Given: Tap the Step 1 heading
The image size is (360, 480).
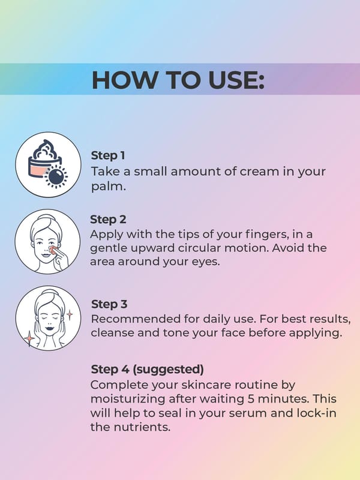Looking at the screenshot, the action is [x=108, y=155].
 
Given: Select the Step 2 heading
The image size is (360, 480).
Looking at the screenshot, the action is [x=108, y=220].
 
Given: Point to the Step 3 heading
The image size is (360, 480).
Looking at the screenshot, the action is [x=109, y=304].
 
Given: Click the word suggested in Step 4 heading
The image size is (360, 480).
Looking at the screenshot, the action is [x=168, y=370].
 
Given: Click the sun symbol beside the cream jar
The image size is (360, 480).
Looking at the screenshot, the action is [x=56, y=176].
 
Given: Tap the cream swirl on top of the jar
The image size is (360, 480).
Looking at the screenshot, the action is [x=44, y=149].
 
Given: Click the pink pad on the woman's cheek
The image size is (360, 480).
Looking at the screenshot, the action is [x=53, y=250].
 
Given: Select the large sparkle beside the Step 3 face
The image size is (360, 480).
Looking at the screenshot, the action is [x=29, y=338].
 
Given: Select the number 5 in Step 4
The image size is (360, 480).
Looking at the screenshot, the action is [x=250, y=399].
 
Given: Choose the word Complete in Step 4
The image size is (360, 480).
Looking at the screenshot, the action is [x=119, y=385].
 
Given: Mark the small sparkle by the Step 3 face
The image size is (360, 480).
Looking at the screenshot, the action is [x=70, y=314].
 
